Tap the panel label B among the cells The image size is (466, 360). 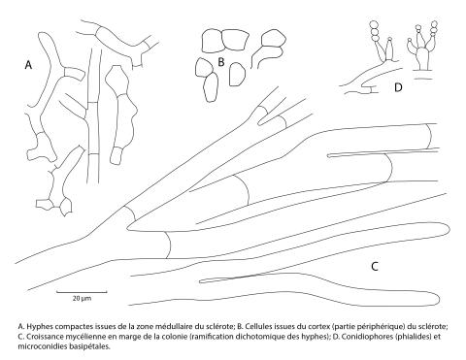221,62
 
